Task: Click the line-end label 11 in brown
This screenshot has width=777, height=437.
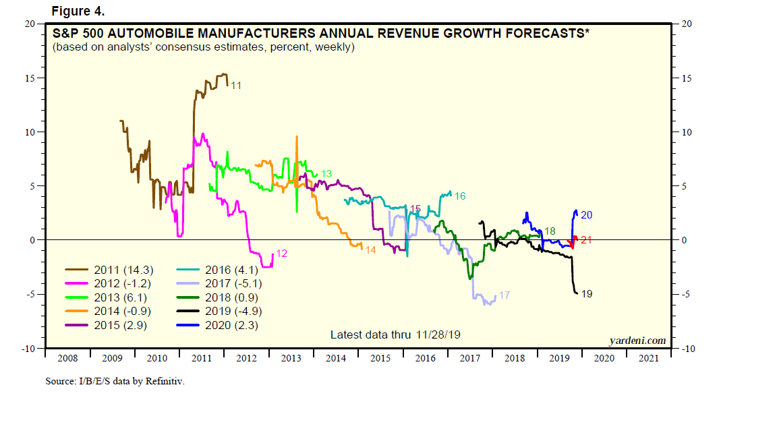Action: tap(236, 86)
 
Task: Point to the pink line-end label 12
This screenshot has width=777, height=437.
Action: tap(282, 254)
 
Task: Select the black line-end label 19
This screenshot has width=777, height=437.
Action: tap(587, 294)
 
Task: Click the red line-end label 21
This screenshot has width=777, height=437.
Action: tap(586, 239)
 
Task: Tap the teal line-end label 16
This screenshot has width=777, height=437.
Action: tap(460, 196)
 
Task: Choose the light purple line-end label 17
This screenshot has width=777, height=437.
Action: tap(505, 295)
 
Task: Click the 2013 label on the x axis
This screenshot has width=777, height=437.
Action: tap(291, 359)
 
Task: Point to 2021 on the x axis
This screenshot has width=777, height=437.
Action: tap(648, 359)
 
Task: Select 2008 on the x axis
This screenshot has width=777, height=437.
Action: tap(67, 359)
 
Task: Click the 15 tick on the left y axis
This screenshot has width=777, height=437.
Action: tap(30, 78)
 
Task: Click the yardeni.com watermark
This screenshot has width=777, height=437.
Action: tap(637, 341)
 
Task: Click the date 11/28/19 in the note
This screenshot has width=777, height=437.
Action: tap(438, 334)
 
